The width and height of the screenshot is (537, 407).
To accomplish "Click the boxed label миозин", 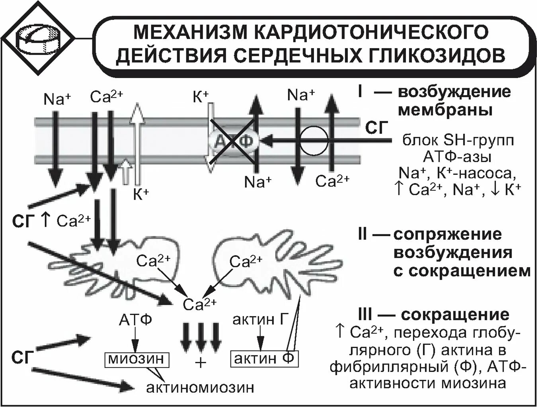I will tap(136, 359).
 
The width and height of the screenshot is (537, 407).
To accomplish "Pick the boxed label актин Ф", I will tap(264, 358).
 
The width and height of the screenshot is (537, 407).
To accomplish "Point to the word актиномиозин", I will tap(200, 387).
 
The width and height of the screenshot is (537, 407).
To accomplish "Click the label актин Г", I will tap(260, 319).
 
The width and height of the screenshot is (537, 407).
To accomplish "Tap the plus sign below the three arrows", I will tap(201, 362).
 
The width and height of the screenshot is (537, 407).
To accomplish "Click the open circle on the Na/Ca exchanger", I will tap(314, 141).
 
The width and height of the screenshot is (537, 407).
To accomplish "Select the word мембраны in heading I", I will tap(445, 110).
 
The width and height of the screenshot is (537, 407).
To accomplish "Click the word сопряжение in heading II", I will tap(447, 234).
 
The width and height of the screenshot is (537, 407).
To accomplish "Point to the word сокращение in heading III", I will tap(455, 315).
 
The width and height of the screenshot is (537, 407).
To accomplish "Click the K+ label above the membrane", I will tap(201, 97).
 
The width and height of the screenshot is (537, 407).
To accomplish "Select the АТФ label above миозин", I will tap(135, 320).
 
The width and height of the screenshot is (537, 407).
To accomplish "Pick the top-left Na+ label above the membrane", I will tap(57, 99).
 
